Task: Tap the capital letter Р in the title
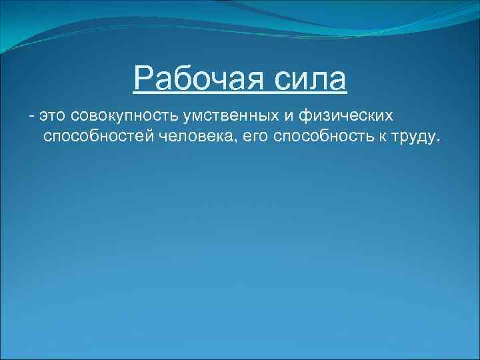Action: click(x=142, y=80)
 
